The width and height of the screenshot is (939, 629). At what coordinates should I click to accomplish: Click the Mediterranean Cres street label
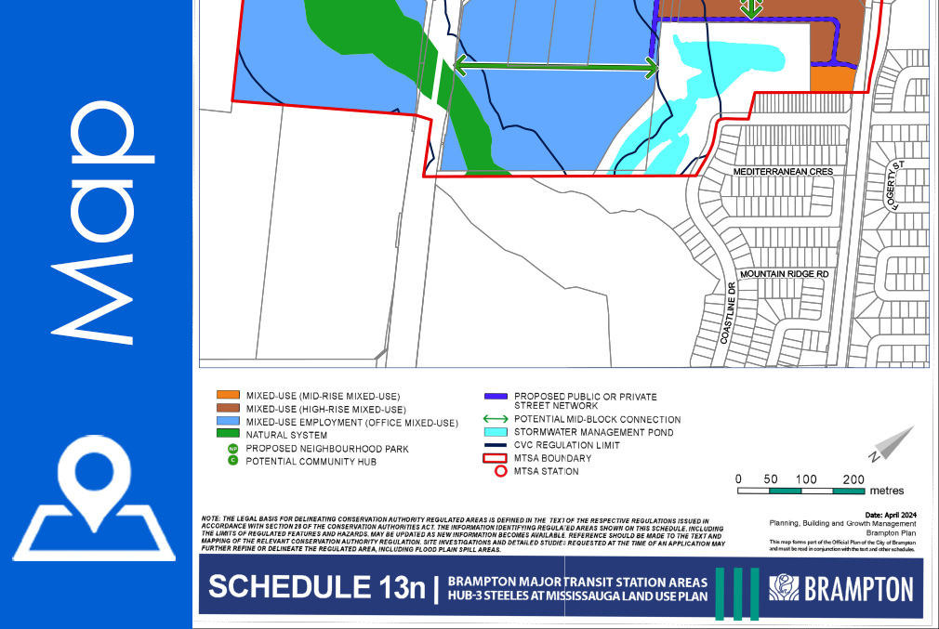pos(781,173)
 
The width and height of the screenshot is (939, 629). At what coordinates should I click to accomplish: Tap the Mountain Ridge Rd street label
pos(783,275)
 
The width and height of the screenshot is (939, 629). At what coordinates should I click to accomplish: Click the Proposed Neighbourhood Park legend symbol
pos(233,448)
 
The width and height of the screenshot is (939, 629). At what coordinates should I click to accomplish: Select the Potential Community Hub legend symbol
pos(233,461)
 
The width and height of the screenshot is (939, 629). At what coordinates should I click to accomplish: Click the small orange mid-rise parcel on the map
pos(830,82)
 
